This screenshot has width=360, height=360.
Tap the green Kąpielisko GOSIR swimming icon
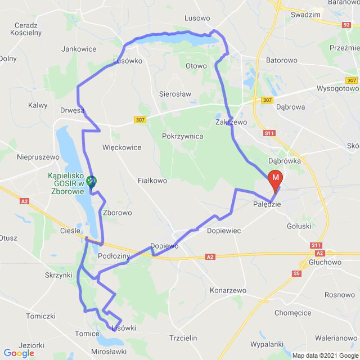(91, 181)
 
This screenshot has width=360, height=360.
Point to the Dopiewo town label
(164, 246)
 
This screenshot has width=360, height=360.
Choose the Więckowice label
(122, 147)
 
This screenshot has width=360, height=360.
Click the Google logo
(19, 353)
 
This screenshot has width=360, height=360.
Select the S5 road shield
(296, 273)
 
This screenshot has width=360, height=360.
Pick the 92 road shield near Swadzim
(346, 25)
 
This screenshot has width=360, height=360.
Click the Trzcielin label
(183, 337)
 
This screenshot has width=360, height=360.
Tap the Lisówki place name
(124, 328)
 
